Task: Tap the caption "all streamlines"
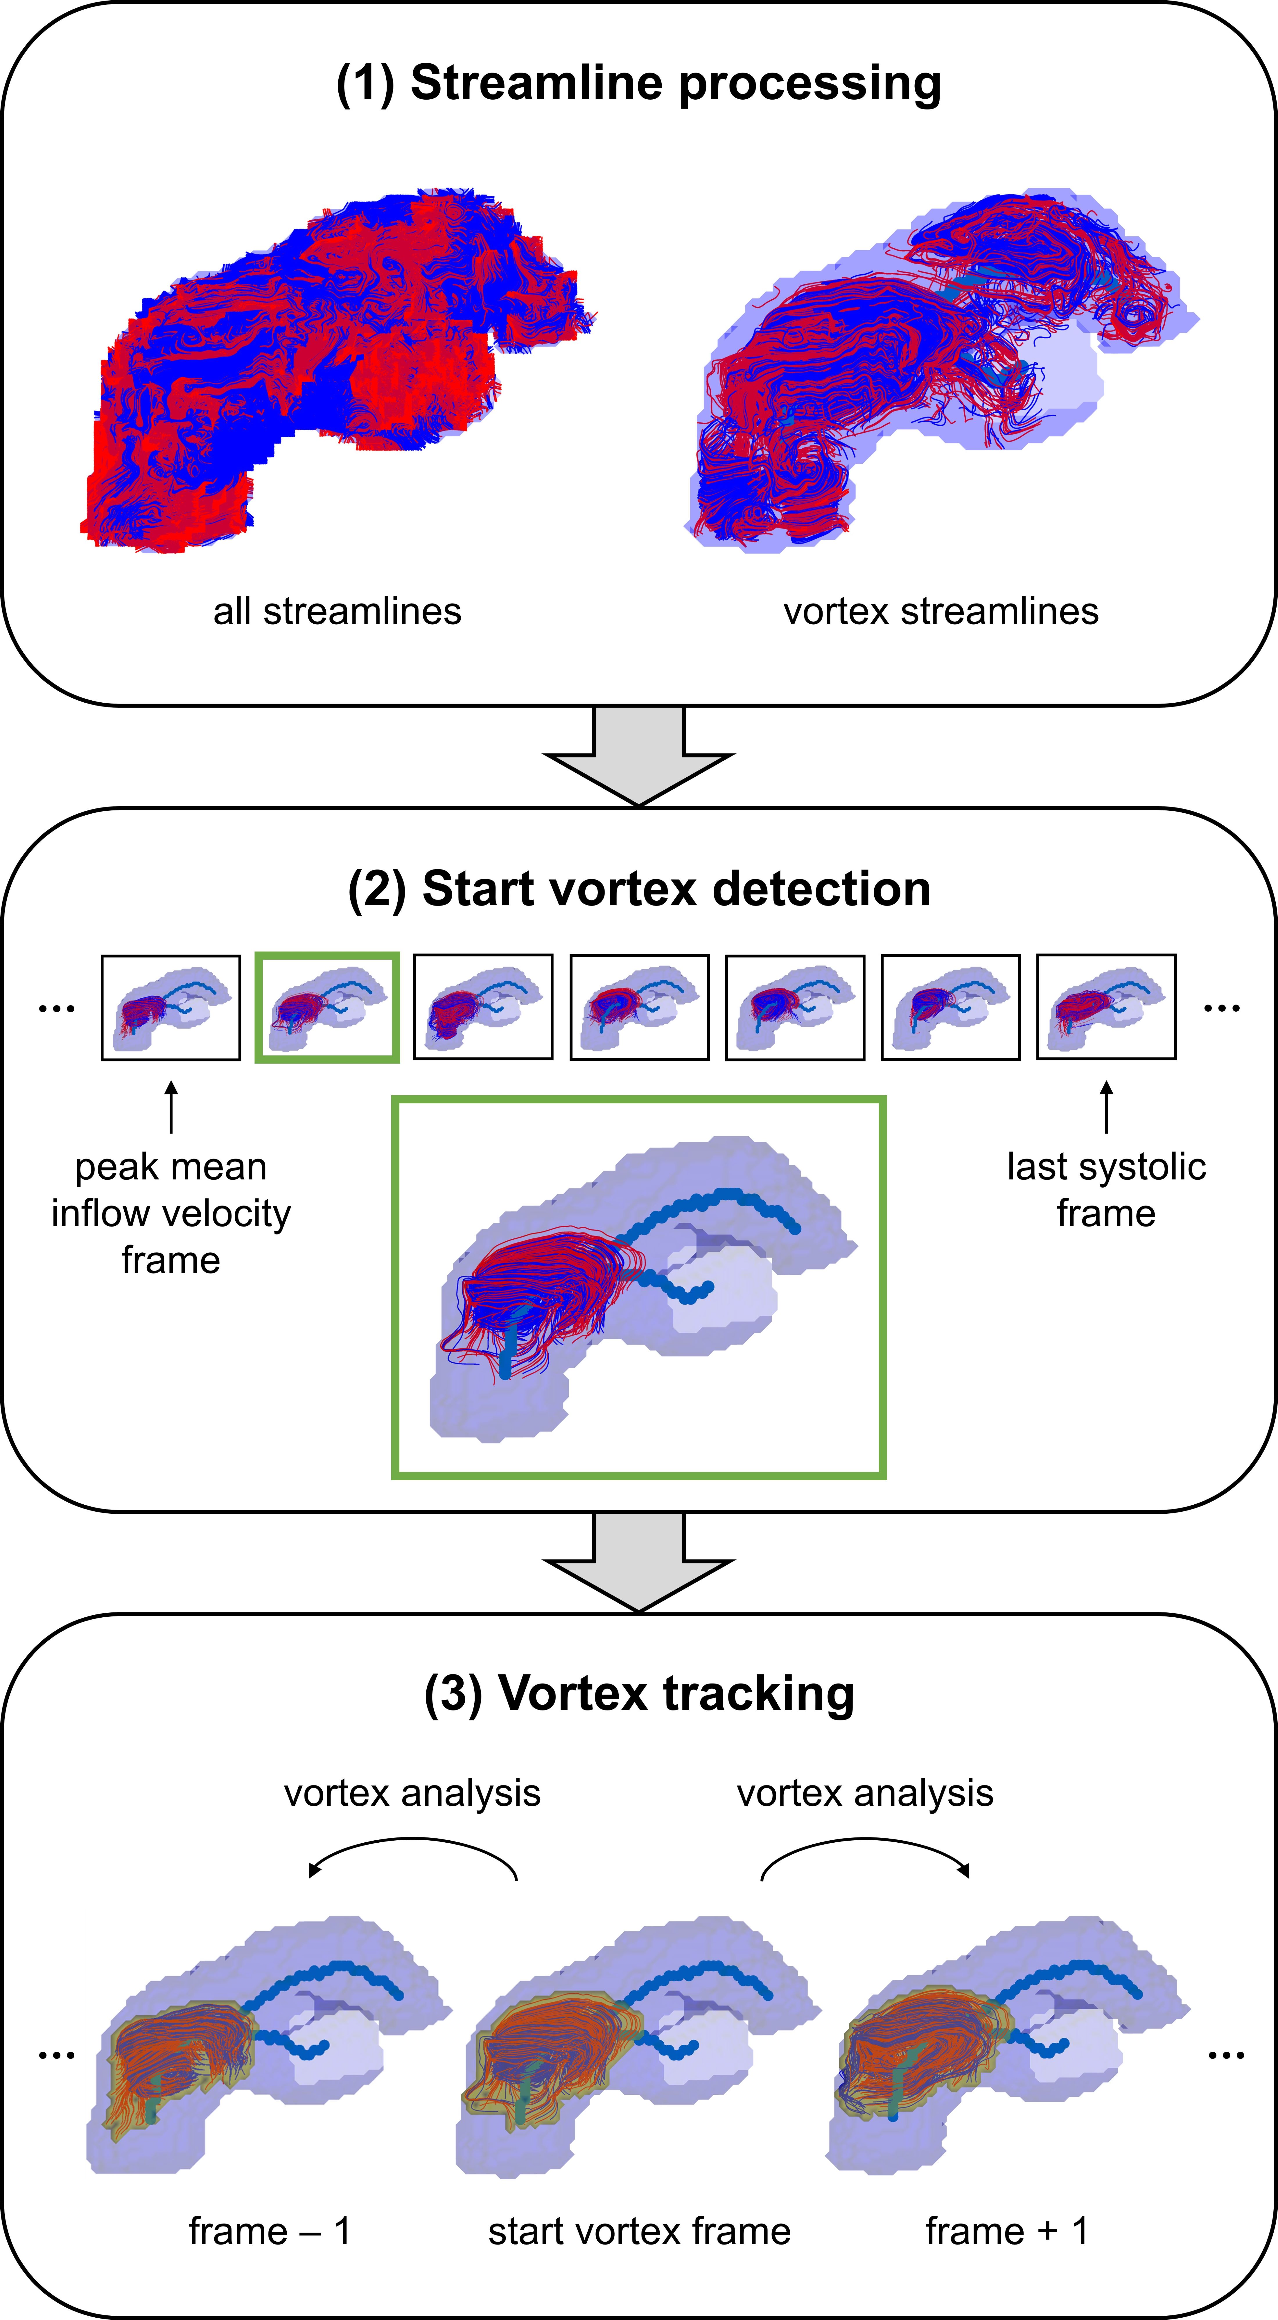337,612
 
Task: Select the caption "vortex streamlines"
940,612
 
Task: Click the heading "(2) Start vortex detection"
638,889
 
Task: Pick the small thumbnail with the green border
327,1007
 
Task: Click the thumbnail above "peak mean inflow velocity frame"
170,1007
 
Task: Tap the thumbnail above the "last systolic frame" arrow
1106,1007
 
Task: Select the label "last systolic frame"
1106,1190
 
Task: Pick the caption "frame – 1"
269,2231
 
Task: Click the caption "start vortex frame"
638,2231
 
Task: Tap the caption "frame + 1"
1006,2231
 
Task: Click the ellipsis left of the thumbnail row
56,1009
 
